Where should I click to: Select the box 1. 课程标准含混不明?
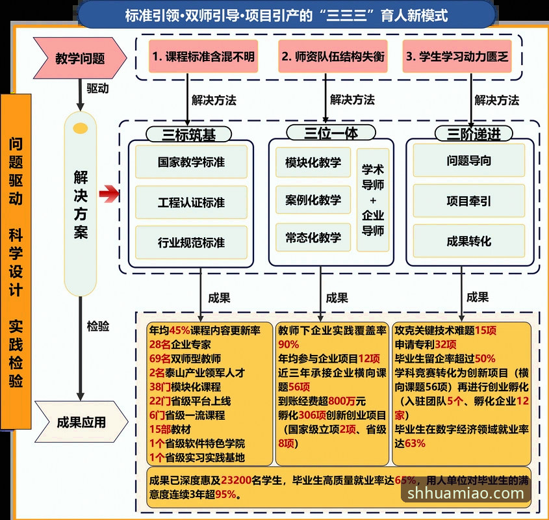point(203,57)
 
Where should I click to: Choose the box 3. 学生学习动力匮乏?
point(457,57)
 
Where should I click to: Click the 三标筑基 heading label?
point(189,135)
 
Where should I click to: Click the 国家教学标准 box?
point(191,162)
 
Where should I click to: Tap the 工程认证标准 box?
point(191,202)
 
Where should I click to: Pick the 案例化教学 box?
point(313,200)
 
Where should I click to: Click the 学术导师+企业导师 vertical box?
point(373,200)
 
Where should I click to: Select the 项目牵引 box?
point(468,201)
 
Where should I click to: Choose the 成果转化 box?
point(468,241)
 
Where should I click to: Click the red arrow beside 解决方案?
point(110,193)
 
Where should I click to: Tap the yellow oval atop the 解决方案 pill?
point(80,128)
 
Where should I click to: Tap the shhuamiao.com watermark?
point(466,493)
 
